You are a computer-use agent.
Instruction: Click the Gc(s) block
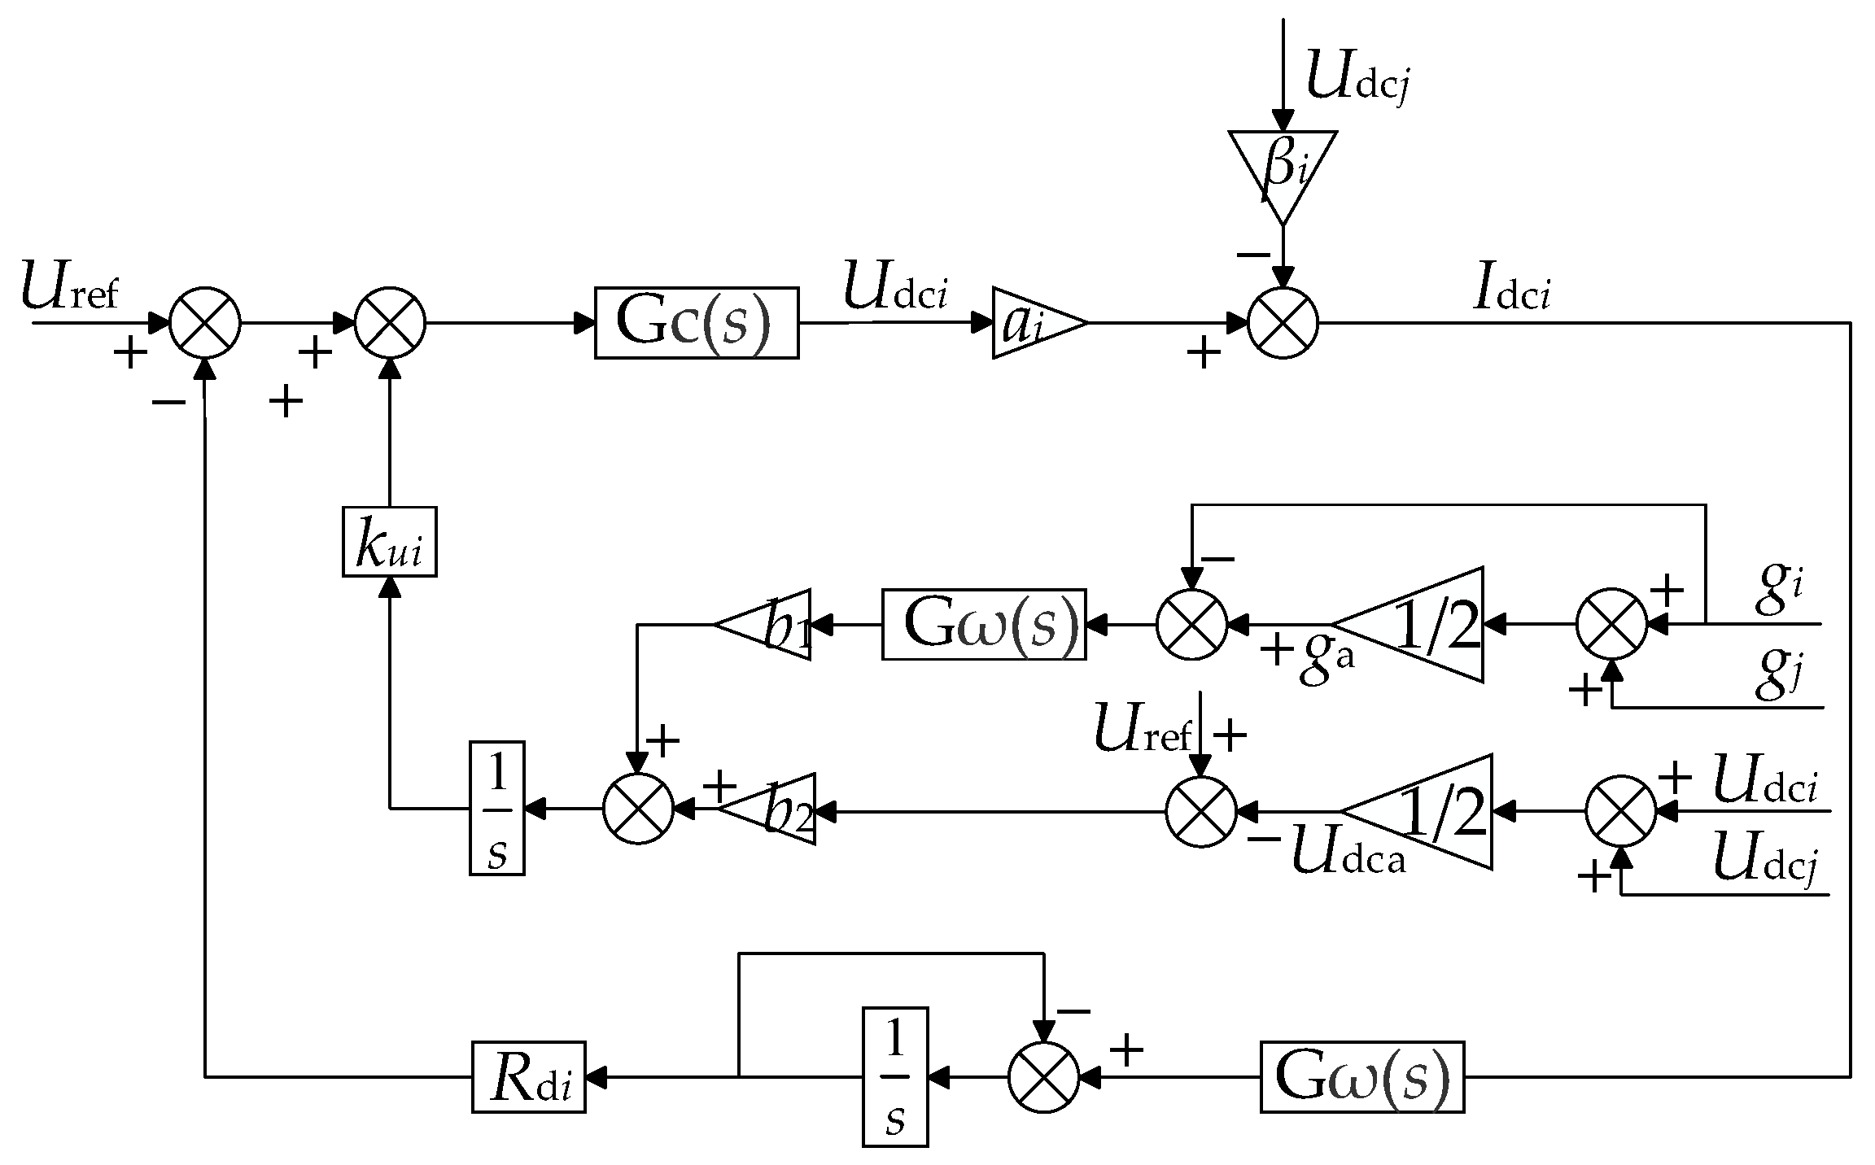(x=696, y=323)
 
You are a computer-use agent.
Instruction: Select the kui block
(x=389, y=542)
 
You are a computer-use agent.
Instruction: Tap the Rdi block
(x=528, y=1076)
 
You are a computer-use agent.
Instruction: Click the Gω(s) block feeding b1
(x=984, y=625)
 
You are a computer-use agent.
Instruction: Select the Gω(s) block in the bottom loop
(x=1361, y=1076)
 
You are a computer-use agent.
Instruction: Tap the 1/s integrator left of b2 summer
(x=496, y=808)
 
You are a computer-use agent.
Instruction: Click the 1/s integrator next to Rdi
(x=894, y=1076)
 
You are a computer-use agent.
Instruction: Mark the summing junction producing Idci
(x=1283, y=323)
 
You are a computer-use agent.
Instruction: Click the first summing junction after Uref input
(x=205, y=323)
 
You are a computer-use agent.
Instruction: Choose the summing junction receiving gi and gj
(x=1611, y=625)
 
